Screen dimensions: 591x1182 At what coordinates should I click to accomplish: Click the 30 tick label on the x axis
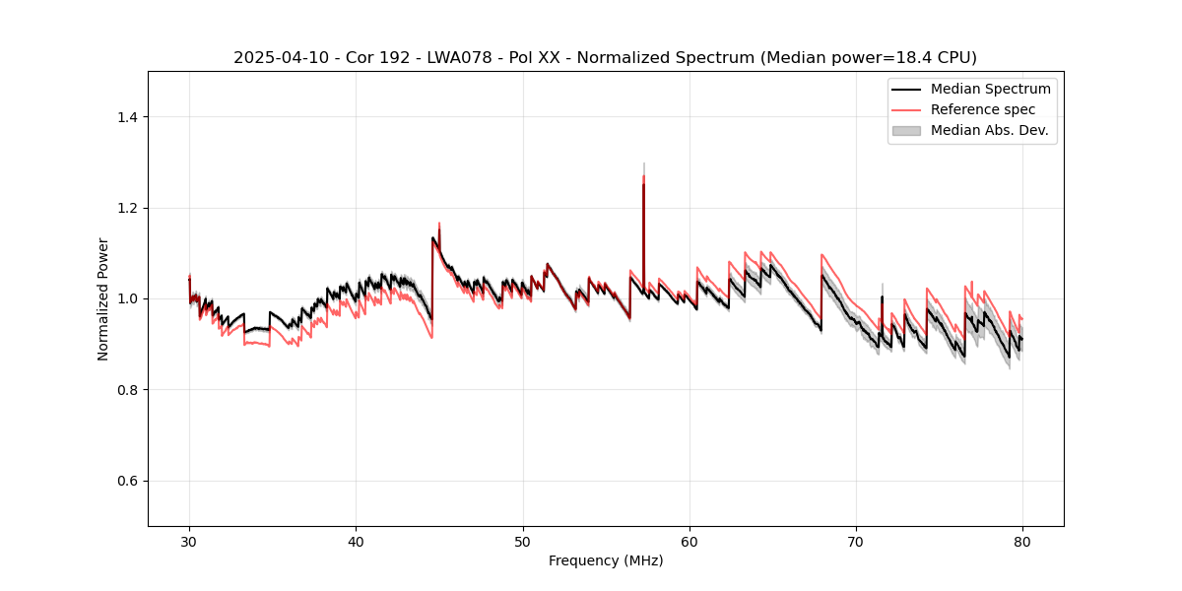(x=189, y=541)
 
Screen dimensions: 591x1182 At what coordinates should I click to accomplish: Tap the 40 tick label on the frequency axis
(x=356, y=541)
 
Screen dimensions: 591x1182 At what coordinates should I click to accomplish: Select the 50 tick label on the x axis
(x=522, y=541)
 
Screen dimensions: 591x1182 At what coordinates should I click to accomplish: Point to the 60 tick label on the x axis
(x=689, y=541)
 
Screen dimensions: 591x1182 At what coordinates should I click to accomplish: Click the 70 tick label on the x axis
(x=856, y=541)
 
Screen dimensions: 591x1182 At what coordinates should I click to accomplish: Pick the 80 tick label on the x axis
(x=1022, y=541)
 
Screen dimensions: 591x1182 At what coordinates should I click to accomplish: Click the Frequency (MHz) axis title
(x=606, y=560)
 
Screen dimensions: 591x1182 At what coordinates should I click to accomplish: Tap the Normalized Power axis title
(x=103, y=298)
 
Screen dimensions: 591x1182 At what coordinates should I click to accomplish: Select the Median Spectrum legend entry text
(x=990, y=89)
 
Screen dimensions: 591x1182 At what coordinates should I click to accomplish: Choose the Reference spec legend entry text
(x=983, y=109)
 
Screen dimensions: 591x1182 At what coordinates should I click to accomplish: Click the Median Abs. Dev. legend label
(x=989, y=130)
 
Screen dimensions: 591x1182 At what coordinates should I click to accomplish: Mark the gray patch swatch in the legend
(x=906, y=130)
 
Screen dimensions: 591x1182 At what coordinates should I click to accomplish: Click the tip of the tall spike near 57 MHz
(x=643, y=164)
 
